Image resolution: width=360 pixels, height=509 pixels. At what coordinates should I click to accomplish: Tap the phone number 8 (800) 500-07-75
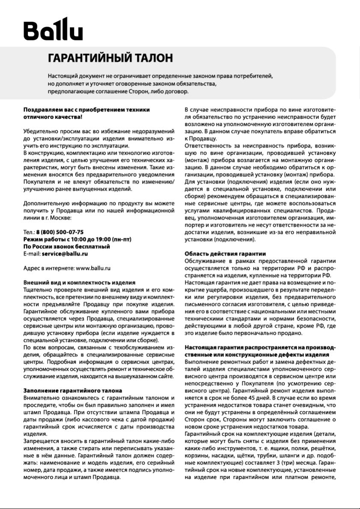[60, 232]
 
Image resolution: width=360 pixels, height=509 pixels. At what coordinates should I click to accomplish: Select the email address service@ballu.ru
[65, 254]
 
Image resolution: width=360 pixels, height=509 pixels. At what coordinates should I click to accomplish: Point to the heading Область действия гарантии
[225, 254]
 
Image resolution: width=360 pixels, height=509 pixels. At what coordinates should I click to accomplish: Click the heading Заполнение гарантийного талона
[72, 391]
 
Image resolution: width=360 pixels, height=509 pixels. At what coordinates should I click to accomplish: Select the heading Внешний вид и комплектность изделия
[79, 283]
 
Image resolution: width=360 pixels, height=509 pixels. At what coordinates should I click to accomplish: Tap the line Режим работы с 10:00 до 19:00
[74, 239]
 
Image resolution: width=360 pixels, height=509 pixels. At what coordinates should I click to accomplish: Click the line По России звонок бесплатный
[67, 246]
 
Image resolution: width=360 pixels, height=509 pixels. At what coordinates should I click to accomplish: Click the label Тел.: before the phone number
[29, 232]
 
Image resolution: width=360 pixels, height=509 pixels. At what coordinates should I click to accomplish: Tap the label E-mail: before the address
[32, 254]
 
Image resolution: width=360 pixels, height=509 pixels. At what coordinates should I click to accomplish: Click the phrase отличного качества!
[53, 117]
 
